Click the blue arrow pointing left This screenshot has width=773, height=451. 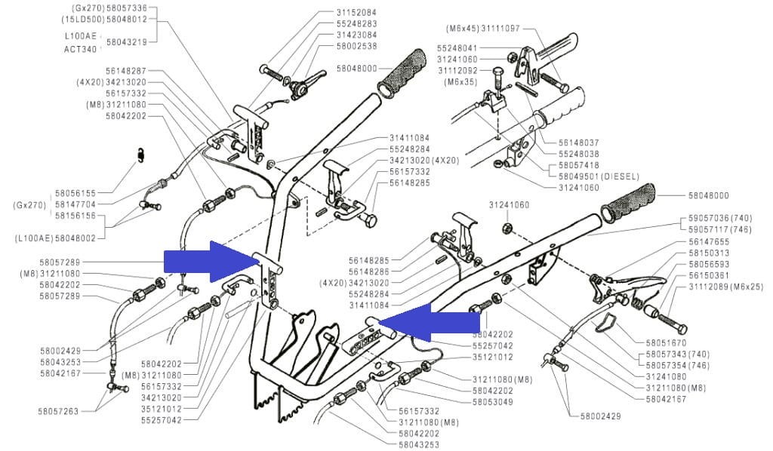pos(427,323)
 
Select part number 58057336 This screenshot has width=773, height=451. pos(126,7)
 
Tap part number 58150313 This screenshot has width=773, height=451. pos(709,253)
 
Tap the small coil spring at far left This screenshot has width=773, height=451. pos(141,155)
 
